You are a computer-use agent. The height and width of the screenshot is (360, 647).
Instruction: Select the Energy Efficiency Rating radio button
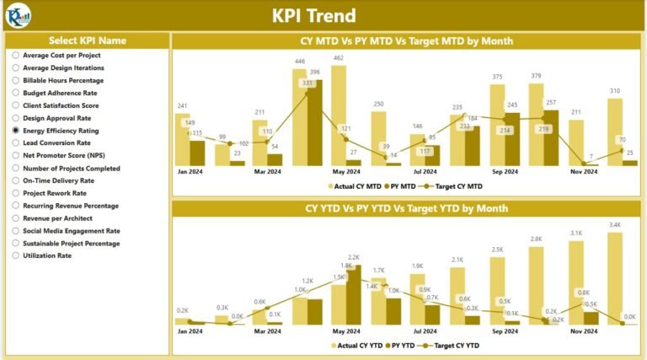coord(16,131)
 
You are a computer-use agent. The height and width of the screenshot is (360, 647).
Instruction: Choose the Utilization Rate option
coord(16,255)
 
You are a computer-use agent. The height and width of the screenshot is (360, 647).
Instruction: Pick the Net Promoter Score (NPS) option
coord(16,155)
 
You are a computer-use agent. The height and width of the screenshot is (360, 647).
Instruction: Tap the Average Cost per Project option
coord(16,55)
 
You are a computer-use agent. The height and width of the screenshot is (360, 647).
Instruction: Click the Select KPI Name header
coord(88,40)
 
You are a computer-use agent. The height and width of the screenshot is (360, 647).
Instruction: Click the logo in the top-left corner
coord(18,14)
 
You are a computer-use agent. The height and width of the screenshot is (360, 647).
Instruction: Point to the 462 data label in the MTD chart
coord(338,58)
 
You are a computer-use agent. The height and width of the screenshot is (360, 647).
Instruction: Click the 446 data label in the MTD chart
coord(299,62)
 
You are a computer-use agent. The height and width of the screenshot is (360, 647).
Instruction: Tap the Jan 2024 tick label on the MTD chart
coord(190,171)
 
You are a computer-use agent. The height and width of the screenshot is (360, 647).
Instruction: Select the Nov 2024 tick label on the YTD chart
coord(584,331)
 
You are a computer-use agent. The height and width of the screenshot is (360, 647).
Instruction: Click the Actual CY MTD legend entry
coord(354,185)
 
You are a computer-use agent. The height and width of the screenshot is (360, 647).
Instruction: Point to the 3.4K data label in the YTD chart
coord(615,225)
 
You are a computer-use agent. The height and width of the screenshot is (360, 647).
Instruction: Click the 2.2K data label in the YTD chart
coord(353,257)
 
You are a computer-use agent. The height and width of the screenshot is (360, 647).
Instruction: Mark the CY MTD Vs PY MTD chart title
coord(407,40)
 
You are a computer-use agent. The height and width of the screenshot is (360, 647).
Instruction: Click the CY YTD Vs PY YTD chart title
coord(407,207)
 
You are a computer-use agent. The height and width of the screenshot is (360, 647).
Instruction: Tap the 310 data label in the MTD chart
coord(615,90)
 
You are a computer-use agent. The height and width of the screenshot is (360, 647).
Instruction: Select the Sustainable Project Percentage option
coord(16,243)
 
